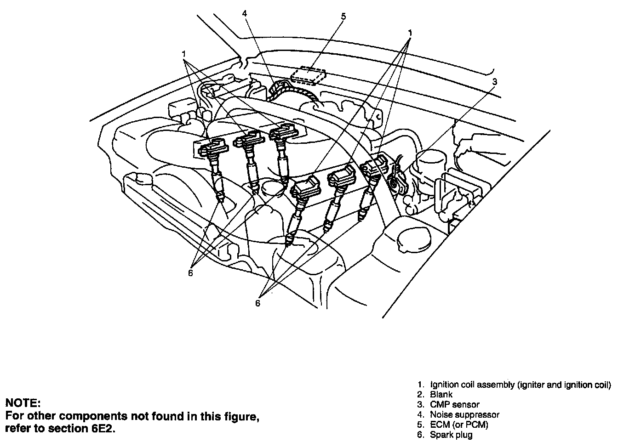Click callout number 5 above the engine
point(343,17)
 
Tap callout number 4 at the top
point(245,13)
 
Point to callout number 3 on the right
point(494,82)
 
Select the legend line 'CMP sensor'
point(454,404)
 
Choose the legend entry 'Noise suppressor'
point(464,414)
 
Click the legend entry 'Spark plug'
point(451,435)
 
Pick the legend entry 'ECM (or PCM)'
point(459,425)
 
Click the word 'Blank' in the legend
point(441,394)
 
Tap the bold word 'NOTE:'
point(23,403)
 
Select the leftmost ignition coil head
point(212,148)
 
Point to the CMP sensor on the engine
point(395,179)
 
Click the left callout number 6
point(190,273)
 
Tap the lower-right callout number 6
point(257,303)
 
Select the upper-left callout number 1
point(183,53)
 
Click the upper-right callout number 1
point(409,33)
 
